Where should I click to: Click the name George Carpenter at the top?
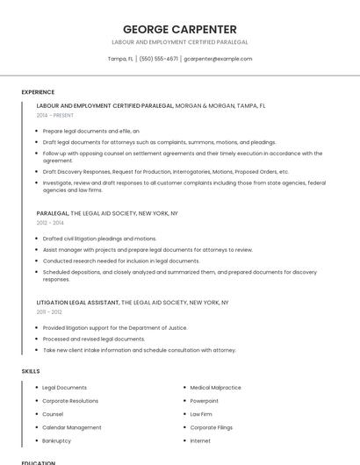pyautogui.click(x=179, y=29)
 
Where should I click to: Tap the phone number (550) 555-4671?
pyautogui.click(x=158, y=59)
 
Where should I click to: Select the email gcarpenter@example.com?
pyautogui.click(x=218, y=59)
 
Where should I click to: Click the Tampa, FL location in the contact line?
pyautogui.click(x=120, y=59)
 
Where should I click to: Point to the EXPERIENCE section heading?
pyautogui.click(x=38, y=92)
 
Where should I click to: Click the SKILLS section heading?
pyautogui.click(x=31, y=371)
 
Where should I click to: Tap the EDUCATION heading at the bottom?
pyautogui.click(x=39, y=462)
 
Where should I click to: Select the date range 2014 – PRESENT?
pyautogui.click(x=55, y=115)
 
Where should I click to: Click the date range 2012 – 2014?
pyautogui.click(x=50, y=223)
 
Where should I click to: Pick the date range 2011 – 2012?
pyautogui.click(x=49, y=311)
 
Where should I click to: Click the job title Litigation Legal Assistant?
pyautogui.click(x=78, y=303)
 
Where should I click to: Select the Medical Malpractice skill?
pyautogui.click(x=215, y=387)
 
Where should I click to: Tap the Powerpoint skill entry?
pyautogui.click(x=205, y=400)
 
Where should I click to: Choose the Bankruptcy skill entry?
pyautogui.click(x=57, y=440)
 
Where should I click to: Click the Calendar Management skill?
pyautogui.click(x=72, y=427)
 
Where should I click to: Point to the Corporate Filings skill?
pyautogui.click(x=211, y=427)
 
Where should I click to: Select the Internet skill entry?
pyautogui.click(x=200, y=440)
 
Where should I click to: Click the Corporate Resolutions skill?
pyautogui.click(x=70, y=400)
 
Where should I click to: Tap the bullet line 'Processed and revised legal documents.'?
pyautogui.click(x=94, y=339)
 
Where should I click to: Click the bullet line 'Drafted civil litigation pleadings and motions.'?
pyautogui.click(x=99, y=239)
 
